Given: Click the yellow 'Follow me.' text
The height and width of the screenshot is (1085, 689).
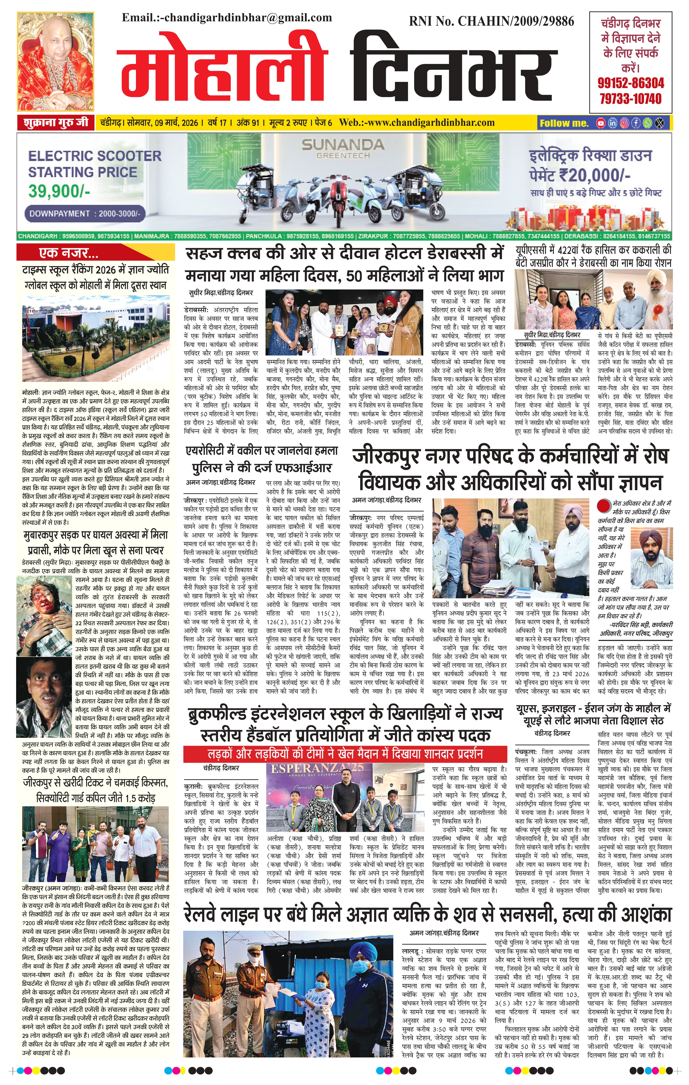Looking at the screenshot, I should pos(564,123).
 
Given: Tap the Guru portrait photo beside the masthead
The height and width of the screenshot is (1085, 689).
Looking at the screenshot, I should pos(55,62).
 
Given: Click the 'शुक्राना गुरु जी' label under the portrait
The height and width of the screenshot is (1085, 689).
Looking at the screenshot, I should pos(55,123).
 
